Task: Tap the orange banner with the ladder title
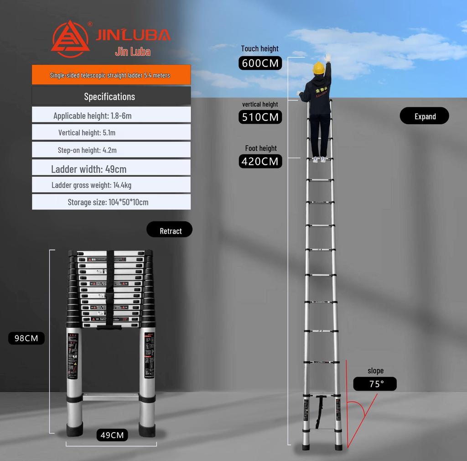111,75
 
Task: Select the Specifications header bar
111,96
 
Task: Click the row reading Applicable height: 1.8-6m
111,115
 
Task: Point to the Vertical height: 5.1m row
111,133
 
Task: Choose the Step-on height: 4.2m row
111,150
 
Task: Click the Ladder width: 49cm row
111,169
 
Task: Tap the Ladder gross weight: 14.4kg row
111,185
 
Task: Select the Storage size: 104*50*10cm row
111,202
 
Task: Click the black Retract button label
170,230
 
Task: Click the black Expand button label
425,116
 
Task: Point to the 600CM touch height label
260,63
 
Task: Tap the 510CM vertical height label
260,117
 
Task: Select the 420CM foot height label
260,161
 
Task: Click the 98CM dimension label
26,338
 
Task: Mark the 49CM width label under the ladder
112,435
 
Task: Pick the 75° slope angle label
375,384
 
